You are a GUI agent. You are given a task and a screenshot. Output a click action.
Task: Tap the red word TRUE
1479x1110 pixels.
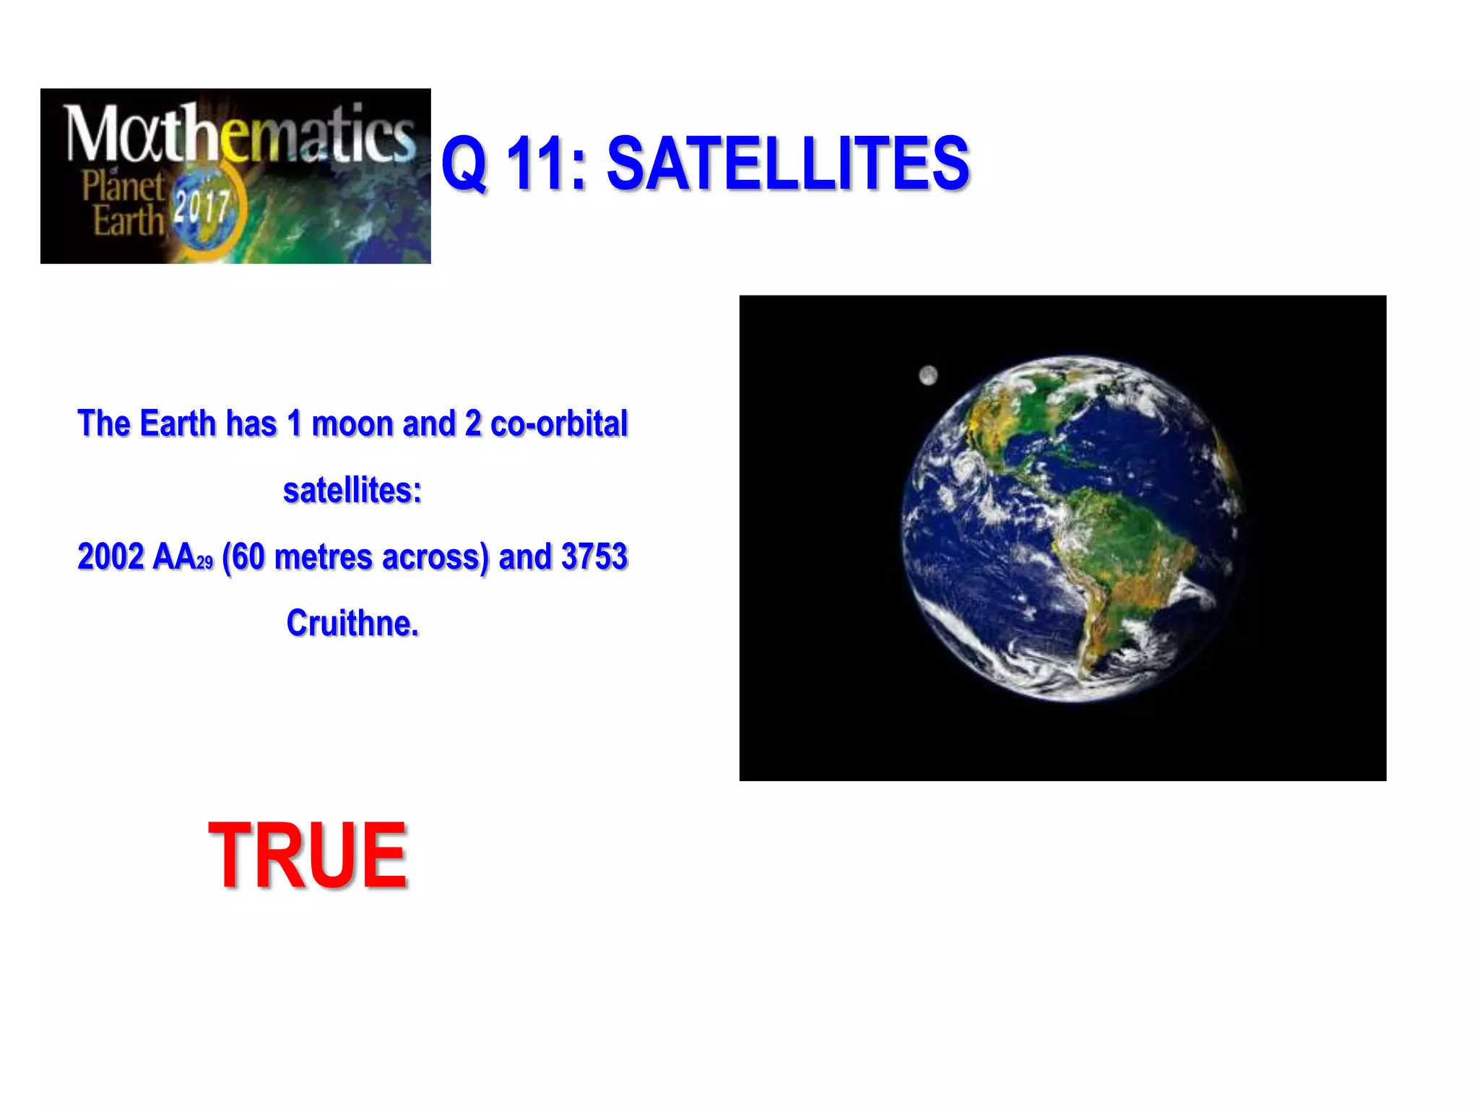click(x=308, y=856)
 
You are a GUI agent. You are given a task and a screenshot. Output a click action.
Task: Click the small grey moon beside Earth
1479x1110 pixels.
click(x=928, y=376)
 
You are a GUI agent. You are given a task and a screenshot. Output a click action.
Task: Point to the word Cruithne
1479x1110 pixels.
click(x=352, y=623)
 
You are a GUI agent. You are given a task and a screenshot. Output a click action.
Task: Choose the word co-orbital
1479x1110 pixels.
click(x=559, y=423)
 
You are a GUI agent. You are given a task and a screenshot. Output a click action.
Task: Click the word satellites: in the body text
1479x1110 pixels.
click(x=352, y=491)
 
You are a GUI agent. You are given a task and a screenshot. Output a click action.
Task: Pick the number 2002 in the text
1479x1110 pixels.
click(x=110, y=556)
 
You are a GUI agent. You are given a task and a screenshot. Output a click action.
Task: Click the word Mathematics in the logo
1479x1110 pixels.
click(x=240, y=134)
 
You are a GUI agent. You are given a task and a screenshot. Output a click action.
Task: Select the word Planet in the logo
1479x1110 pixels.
click(x=123, y=186)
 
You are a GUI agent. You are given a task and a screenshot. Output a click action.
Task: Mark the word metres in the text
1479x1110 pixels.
click(x=323, y=556)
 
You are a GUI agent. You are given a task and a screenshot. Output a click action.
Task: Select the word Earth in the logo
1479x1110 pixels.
click(x=129, y=220)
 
